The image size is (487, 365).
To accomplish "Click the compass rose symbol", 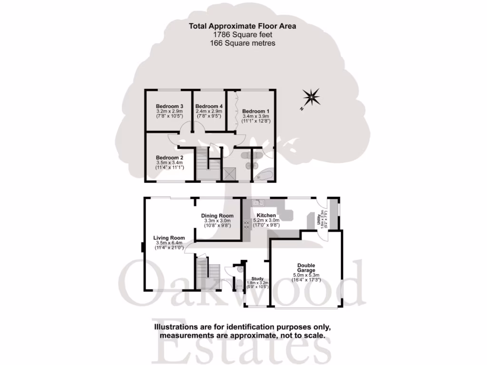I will [x=312, y=98].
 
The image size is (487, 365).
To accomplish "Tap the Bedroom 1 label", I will [x=255, y=111].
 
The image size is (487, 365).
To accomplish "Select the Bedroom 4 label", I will [x=209, y=106].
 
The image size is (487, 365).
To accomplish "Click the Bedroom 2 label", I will [x=170, y=157].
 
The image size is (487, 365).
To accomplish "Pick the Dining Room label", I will [x=217, y=215].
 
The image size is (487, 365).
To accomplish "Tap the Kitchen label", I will [x=266, y=215].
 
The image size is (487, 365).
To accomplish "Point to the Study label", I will [x=257, y=279].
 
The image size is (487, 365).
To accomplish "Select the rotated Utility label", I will [x=315, y=220].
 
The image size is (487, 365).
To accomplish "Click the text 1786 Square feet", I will [x=243, y=35].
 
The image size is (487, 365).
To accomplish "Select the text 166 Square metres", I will [x=243, y=43].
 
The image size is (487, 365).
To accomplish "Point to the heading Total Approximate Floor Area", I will [x=243, y=26].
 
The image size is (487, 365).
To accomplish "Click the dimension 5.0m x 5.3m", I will [x=306, y=275].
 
